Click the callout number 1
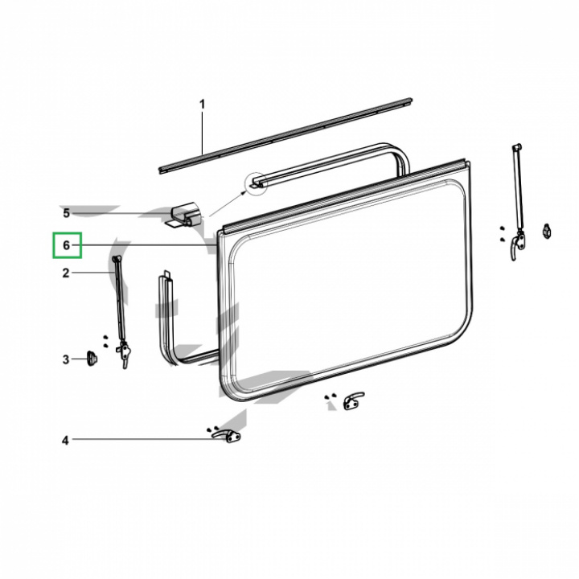[x=202, y=105]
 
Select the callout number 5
[x=66, y=213]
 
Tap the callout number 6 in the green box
[x=66, y=245]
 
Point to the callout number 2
[x=66, y=273]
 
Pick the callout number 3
[x=66, y=359]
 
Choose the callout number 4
[x=65, y=440]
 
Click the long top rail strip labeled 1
[x=285, y=136]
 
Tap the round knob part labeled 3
[x=92, y=358]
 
